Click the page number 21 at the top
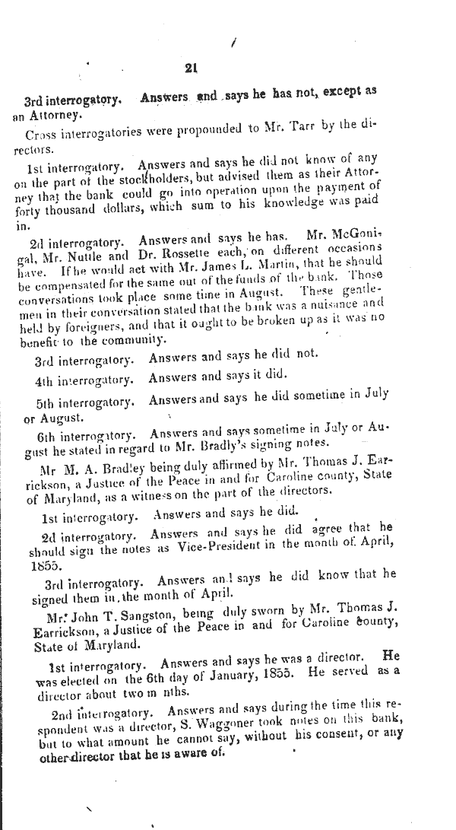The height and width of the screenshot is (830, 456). click(191, 68)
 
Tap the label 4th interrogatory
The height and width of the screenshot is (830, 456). click(84, 378)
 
